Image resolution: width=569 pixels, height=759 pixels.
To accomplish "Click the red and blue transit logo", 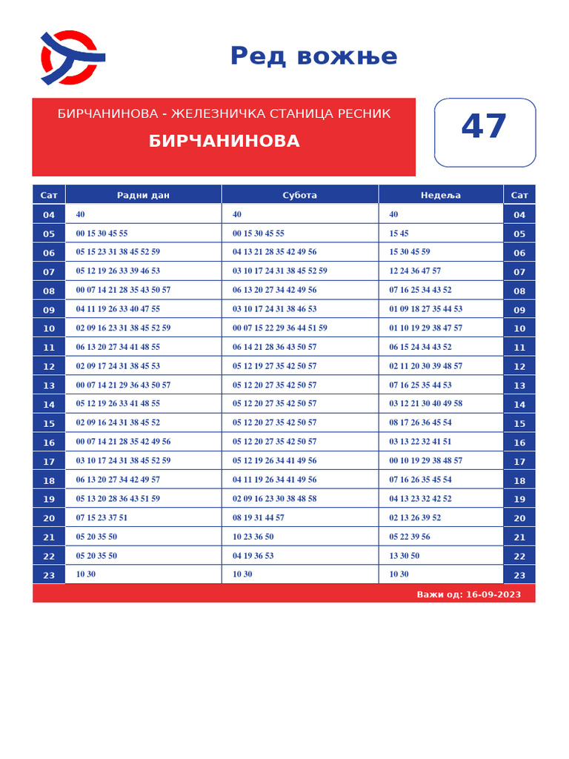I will [71, 57].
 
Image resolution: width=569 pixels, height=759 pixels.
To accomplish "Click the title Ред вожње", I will [313, 56].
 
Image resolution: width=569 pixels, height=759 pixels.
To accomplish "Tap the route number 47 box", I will [484, 132].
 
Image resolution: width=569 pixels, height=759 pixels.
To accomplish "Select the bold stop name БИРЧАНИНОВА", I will [224, 142].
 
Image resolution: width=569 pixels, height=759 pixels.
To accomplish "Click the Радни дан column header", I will [143, 195].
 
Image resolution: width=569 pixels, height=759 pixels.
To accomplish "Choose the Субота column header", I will [299, 195].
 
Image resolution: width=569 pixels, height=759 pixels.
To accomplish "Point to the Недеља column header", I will [440, 195].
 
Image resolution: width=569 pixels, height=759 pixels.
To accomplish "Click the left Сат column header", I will [49, 195].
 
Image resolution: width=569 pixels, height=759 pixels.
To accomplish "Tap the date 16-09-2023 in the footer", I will [493, 594].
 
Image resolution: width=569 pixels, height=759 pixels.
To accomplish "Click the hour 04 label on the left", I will [49, 215].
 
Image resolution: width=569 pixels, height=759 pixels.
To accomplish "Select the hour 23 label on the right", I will [519, 575].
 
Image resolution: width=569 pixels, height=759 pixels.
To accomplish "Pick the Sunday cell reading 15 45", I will [399, 233].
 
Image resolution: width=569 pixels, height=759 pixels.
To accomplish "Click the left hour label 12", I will [49, 366].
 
